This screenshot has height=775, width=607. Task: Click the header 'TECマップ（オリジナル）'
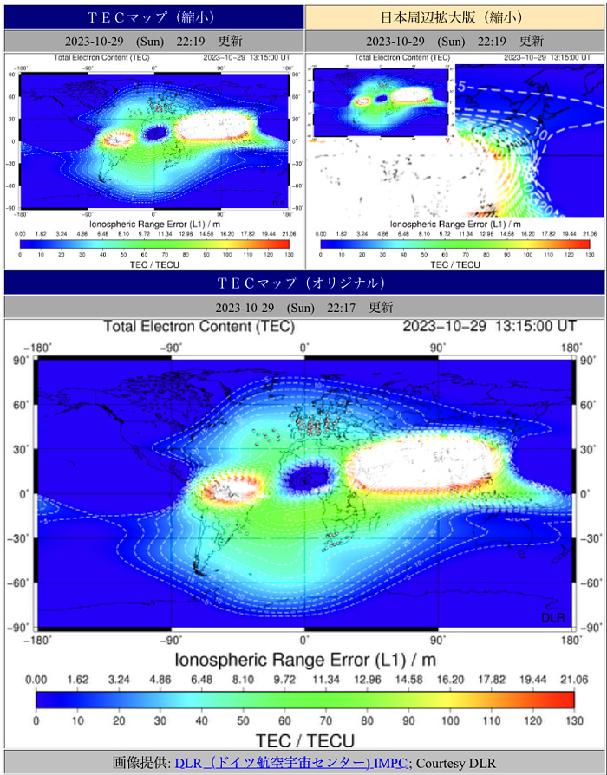[x=303, y=283]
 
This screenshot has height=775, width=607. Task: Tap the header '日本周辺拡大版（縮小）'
[x=455, y=17]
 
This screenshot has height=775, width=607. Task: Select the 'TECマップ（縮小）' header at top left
[x=152, y=17]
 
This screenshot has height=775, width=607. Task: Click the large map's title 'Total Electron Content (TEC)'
[x=199, y=327]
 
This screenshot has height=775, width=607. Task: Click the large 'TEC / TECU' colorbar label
[x=305, y=740]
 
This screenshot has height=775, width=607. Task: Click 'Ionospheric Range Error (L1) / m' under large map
[x=305, y=660]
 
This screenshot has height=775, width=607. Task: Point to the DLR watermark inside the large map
[x=553, y=616]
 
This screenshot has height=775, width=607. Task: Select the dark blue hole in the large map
[x=308, y=474]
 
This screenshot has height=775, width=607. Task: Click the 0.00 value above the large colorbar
[x=36, y=680]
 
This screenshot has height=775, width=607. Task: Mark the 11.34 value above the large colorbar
[x=325, y=680]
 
